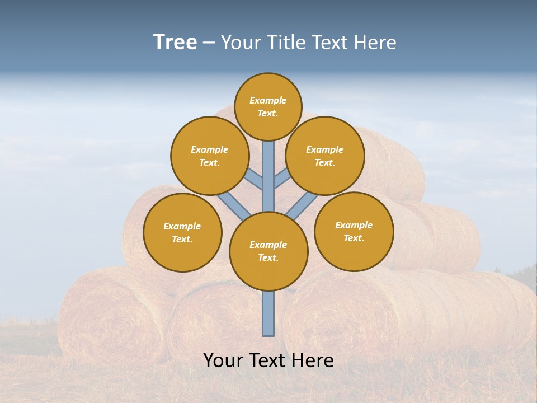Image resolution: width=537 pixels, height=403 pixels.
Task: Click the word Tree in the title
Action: click(x=175, y=42)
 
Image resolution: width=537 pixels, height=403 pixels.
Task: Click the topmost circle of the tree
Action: click(x=268, y=106)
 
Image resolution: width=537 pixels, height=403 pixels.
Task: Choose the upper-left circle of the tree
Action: click(x=210, y=156)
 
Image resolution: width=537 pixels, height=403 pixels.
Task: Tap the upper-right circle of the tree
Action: click(x=325, y=156)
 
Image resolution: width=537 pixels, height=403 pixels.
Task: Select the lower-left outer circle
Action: click(x=182, y=232)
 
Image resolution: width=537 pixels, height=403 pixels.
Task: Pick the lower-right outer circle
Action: click(x=354, y=231)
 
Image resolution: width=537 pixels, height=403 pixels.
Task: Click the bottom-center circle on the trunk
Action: click(x=268, y=251)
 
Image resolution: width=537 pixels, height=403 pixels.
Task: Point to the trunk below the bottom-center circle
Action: click(x=268, y=313)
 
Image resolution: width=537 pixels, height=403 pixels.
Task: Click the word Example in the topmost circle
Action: click(x=268, y=100)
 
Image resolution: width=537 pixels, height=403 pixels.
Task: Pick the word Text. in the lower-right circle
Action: click(x=354, y=238)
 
